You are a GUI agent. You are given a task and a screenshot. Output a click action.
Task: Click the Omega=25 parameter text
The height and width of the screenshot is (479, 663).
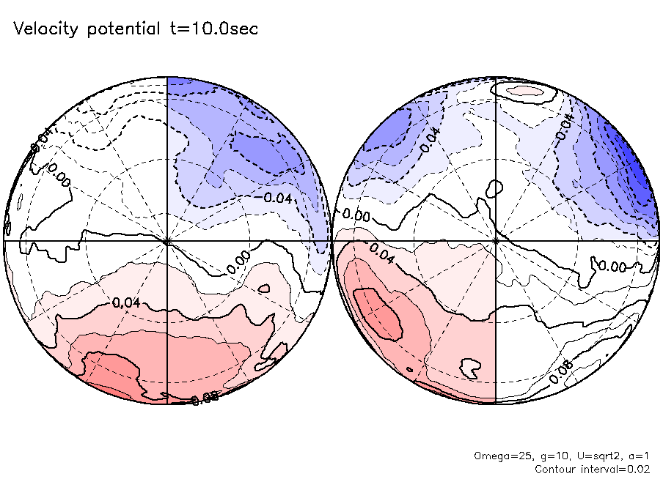[x=497, y=456]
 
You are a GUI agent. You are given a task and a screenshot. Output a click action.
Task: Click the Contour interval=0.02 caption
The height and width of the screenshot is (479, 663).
[x=592, y=468]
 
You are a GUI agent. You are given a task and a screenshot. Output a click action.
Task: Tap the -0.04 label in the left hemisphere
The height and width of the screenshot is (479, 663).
[x=278, y=198]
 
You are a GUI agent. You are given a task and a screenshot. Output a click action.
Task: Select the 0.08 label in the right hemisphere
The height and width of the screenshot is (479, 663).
[x=560, y=374]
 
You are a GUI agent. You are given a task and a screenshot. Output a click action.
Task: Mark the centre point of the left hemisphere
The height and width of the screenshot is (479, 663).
[x=168, y=239]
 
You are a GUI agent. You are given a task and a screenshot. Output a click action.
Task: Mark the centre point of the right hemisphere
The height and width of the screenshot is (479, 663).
[x=497, y=239]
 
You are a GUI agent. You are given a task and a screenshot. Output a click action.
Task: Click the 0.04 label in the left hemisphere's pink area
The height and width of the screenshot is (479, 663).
[x=126, y=302]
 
